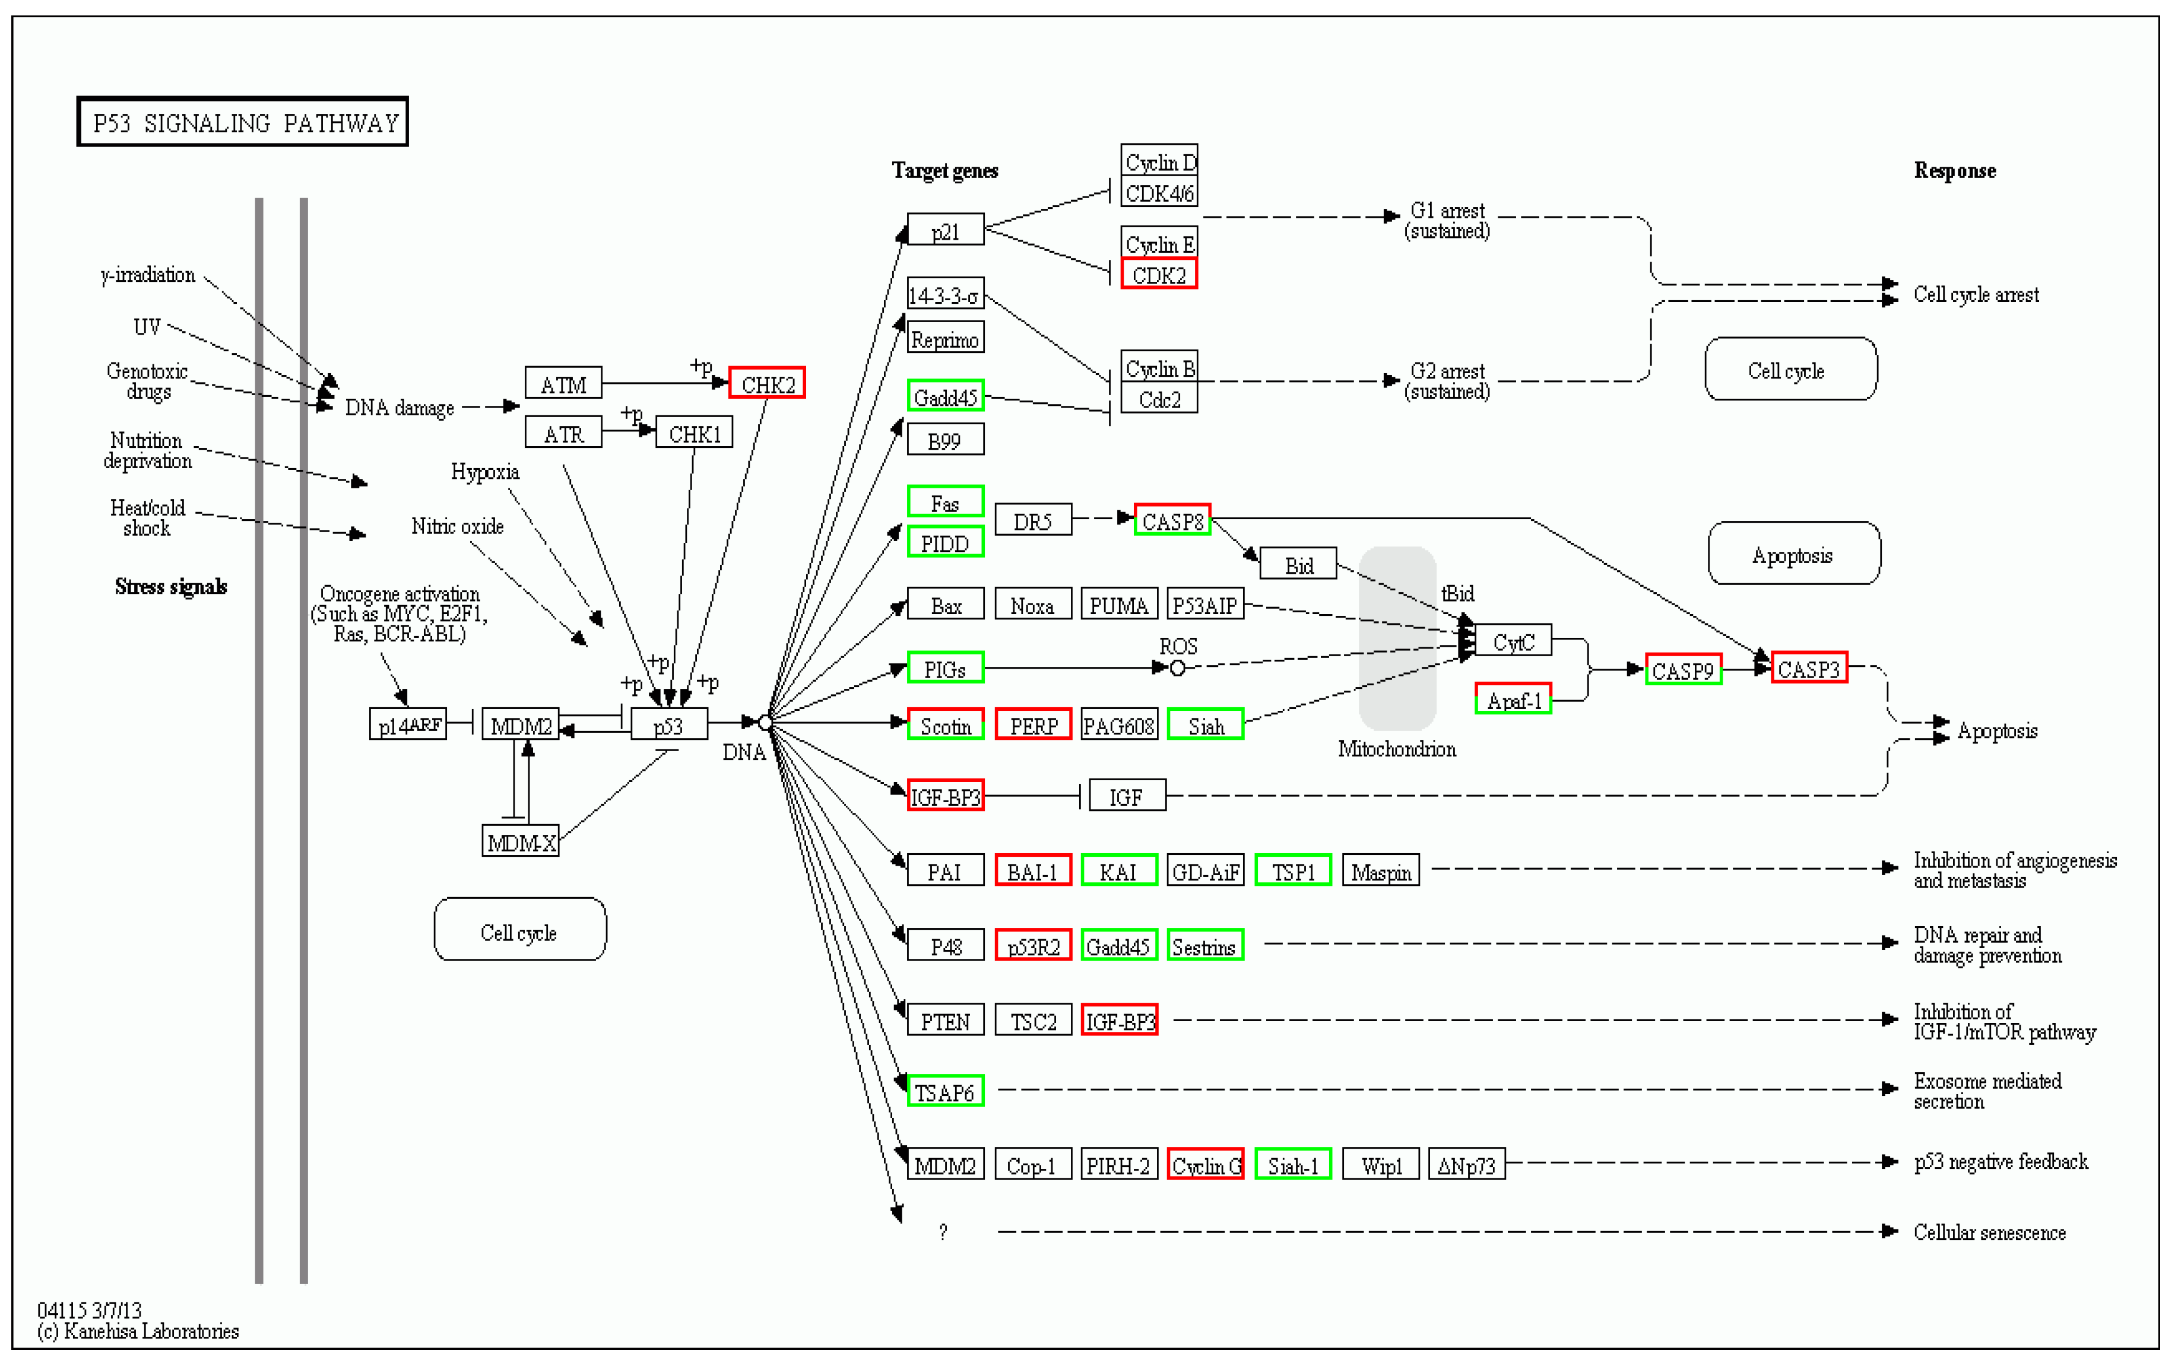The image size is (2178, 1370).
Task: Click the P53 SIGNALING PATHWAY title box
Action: (242, 122)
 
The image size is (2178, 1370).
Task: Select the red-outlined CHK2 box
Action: (767, 383)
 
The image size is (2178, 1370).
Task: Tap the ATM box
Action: (563, 383)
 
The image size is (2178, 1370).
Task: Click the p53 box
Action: (668, 725)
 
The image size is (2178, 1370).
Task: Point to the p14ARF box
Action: (409, 724)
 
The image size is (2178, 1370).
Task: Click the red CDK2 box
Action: (1159, 274)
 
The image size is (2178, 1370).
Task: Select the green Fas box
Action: (945, 503)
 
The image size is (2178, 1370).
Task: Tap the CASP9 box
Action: (1682, 670)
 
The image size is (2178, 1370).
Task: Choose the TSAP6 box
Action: (945, 1092)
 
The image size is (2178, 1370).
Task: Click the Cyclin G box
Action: (1206, 1165)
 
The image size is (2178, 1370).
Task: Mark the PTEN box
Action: (945, 1021)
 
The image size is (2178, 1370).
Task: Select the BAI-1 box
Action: (1033, 871)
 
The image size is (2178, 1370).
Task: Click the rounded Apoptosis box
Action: (1793, 554)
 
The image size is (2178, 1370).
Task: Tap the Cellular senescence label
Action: (1989, 1232)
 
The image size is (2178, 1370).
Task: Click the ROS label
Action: (1178, 646)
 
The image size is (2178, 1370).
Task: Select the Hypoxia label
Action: (485, 471)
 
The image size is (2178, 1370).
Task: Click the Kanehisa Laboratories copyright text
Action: (138, 1330)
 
